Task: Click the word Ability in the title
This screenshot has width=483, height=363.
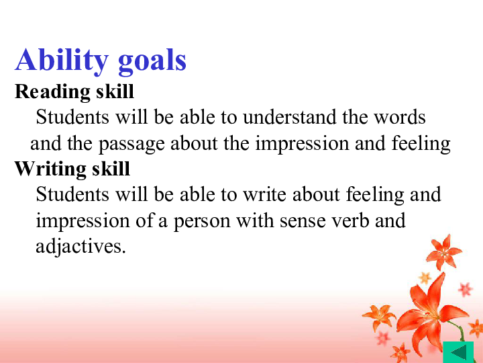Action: point(62,61)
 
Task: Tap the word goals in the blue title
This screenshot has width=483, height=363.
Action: point(152,61)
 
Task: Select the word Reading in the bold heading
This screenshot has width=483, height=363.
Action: point(52,92)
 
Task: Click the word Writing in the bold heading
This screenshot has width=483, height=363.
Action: point(50,169)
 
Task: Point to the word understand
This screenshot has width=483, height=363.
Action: point(289,117)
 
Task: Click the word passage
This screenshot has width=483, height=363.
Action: point(131,145)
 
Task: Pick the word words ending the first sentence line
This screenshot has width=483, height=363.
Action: point(400,117)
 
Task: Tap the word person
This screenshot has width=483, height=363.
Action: point(202,222)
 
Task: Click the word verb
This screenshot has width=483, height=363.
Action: point(350,220)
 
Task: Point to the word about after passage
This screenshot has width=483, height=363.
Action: point(194,143)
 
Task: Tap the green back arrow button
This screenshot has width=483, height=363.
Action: point(458,352)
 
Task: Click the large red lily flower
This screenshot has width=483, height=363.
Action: point(430,315)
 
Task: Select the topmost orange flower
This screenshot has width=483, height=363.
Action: point(444,252)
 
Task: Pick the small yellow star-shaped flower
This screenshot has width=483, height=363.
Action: point(425,278)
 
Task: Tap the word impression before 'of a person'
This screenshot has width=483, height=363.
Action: point(83,222)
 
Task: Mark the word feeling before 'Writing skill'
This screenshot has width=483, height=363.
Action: point(421,145)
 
